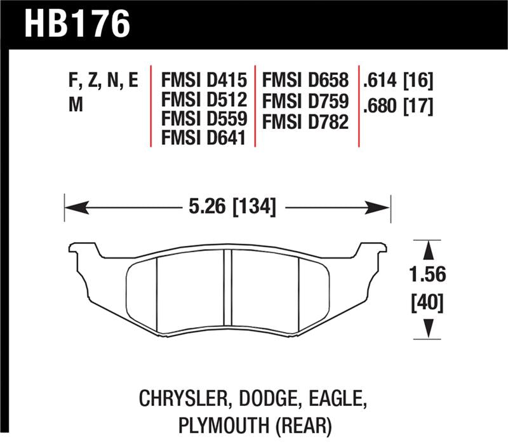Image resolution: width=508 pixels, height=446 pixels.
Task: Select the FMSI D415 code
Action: point(203,81)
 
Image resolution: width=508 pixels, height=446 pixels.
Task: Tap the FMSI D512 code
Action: point(203,100)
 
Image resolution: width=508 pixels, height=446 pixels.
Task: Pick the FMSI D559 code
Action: point(203,118)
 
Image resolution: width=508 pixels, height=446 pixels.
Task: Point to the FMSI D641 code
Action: point(203,137)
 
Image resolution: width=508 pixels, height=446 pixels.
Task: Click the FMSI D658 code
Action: point(307,81)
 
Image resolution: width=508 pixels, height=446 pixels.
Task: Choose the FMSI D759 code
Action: point(307,100)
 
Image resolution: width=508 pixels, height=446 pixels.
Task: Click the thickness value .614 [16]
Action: point(397,81)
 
